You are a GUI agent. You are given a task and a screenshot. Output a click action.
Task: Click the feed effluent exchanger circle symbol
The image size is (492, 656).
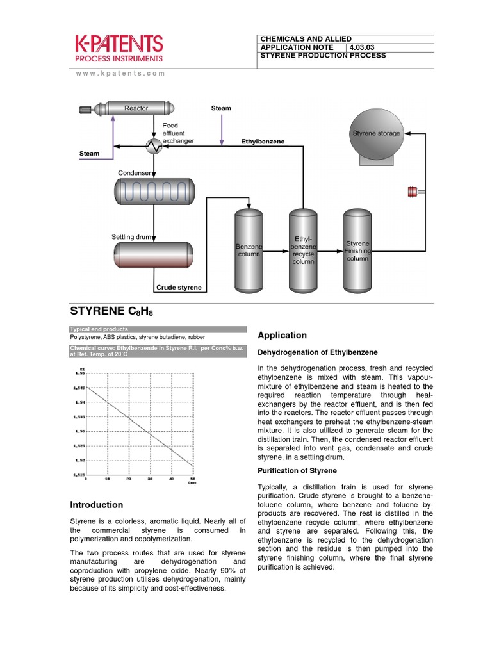coord(154,147)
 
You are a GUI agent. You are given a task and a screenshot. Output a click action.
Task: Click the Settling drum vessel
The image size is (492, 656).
coord(154,254)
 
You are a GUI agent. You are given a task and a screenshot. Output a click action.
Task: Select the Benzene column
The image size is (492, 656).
coord(249,250)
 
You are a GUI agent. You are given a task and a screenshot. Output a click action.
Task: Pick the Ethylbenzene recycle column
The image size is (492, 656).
coord(303,250)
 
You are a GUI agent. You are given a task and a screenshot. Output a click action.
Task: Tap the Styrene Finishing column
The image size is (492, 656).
coord(357,250)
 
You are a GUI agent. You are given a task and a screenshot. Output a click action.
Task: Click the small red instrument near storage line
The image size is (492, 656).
coord(412,190)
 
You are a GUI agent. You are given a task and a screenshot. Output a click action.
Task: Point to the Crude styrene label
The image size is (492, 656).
coord(179,288)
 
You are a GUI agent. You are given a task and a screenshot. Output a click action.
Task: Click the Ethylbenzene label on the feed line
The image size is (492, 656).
coord(263,140)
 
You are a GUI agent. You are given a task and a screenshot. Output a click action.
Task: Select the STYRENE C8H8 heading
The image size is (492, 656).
coord(111,312)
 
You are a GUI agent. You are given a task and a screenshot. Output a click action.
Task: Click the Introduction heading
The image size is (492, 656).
coord(96,505)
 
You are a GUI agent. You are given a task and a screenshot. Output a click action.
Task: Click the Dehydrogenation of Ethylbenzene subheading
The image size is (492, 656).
coord(317,352)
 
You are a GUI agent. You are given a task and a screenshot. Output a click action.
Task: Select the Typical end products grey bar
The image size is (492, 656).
coord(157,329)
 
